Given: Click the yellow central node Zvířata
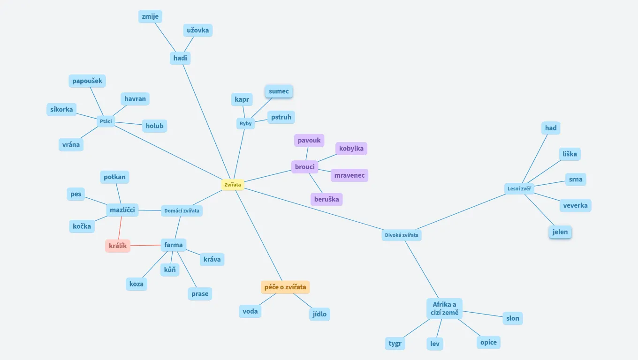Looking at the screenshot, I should [233, 185].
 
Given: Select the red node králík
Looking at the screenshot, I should [118, 246].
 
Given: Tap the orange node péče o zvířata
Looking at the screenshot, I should [285, 287].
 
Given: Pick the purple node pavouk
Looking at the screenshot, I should [309, 140].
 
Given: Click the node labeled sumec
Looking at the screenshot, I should [279, 91].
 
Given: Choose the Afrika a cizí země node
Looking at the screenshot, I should [444, 308].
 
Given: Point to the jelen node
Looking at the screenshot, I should [560, 232].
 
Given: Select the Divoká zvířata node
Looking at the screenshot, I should [402, 235].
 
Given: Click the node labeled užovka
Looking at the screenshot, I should [197, 30].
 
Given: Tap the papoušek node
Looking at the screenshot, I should [87, 81].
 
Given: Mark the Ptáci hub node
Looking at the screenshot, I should [106, 121].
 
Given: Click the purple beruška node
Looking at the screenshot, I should [327, 199].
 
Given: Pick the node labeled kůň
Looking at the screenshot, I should [170, 270].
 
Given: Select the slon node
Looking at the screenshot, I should [513, 318].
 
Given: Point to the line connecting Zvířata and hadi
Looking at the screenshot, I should [206, 121].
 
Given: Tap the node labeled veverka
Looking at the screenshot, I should [575, 205].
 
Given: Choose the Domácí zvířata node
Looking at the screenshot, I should [182, 211].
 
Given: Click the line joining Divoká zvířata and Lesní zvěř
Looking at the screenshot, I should [462, 212].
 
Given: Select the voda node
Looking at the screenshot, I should [250, 311].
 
